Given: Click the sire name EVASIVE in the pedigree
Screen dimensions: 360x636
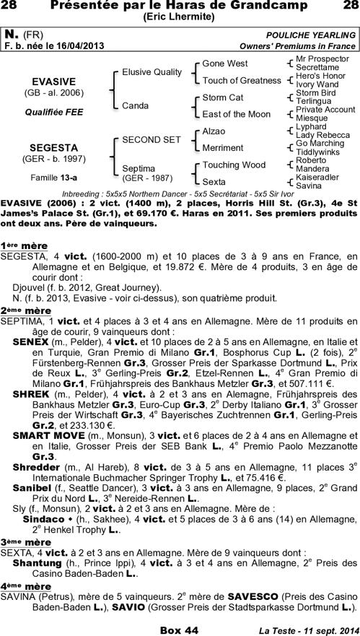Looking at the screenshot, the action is (60, 81).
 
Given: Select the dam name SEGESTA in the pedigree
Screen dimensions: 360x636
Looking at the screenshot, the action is (60, 148).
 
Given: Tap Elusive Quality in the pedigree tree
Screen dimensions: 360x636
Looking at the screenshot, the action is (152, 72).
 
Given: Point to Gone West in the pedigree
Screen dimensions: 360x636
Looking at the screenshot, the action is (224, 64).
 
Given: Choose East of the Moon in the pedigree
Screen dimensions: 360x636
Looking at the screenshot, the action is (236, 114).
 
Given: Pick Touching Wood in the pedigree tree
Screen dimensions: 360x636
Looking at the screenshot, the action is (234, 165).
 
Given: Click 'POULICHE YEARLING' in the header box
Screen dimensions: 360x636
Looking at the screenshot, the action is (311, 35).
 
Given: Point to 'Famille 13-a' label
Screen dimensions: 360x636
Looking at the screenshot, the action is (60, 177).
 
